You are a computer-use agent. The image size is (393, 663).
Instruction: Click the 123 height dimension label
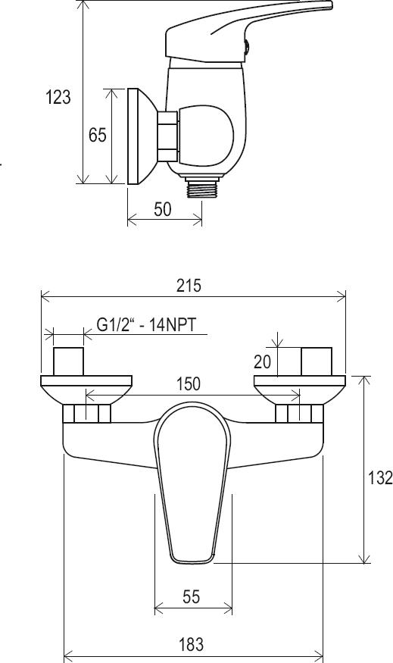(58, 97)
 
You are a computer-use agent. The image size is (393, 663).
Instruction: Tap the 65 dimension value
(97, 135)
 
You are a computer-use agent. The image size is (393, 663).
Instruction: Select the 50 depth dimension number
(163, 209)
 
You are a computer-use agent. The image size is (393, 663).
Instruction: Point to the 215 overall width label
(189, 286)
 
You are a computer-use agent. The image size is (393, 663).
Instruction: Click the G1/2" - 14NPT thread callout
(147, 325)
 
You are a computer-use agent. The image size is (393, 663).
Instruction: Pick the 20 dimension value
(262, 361)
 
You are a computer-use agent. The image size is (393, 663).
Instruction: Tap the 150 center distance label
(189, 384)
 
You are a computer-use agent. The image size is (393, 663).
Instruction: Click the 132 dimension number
(380, 478)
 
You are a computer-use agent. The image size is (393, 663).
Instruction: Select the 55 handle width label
(191, 596)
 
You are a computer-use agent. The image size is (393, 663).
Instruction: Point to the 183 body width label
(192, 644)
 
